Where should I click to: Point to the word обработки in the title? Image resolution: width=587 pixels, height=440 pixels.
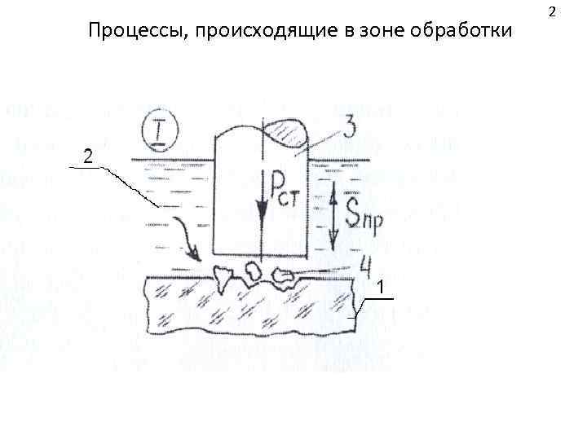click(463, 32)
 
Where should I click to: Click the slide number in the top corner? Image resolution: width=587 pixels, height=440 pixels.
click(552, 12)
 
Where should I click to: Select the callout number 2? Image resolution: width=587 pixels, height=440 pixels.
click(87, 155)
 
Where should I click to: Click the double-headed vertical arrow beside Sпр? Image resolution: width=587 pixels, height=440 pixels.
click(334, 213)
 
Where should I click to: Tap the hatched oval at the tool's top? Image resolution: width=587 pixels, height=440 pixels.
click(285, 133)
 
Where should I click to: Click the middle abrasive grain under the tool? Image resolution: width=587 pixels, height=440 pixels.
click(253, 269)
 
